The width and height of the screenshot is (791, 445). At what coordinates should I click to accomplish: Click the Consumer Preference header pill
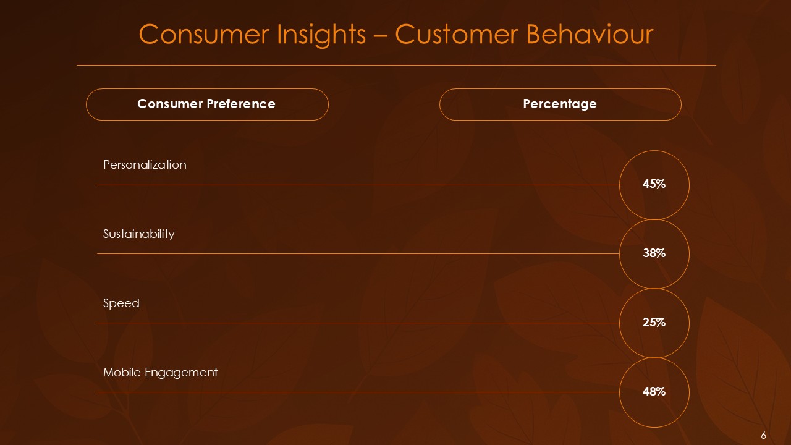click(x=206, y=104)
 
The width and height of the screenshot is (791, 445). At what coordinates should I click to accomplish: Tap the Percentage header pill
click(x=560, y=104)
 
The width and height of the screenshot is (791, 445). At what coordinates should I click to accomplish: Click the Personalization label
click(x=145, y=165)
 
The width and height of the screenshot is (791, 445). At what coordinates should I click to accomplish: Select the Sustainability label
click(x=138, y=234)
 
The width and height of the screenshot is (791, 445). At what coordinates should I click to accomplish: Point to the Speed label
click(x=121, y=303)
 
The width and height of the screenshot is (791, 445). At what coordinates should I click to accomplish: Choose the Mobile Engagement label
click(x=160, y=373)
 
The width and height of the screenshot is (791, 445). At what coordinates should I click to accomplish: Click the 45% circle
click(x=654, y=184)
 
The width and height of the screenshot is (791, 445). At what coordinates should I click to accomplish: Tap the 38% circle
click(x=654, y=253)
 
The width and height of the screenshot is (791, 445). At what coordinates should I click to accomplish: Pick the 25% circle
click(x=654, y=323)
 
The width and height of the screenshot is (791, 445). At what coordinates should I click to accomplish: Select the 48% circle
click(x=654, y=392)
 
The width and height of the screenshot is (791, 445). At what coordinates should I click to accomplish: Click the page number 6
click(x=764, y=435)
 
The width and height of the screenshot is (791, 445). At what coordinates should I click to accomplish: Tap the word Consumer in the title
click(x=191, y=35)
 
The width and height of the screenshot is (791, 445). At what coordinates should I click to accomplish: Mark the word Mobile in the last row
click(x=122, y=373)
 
